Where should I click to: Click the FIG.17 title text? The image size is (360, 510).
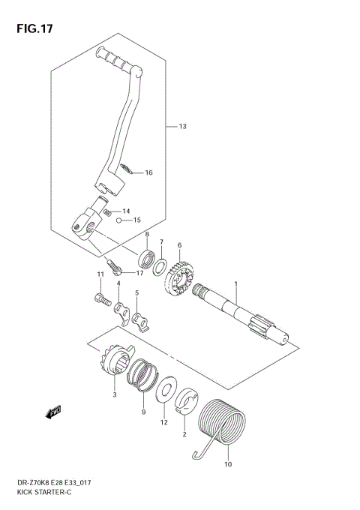(34, 29)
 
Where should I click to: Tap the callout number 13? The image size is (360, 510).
(182, 127)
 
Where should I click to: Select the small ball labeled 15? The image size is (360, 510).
(119, 220)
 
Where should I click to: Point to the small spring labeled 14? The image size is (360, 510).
(107, 212)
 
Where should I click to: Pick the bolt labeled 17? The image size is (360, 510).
(114, 267)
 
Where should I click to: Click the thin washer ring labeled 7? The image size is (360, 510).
(160, 266)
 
